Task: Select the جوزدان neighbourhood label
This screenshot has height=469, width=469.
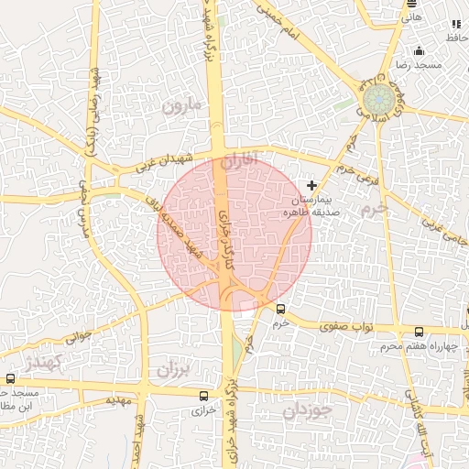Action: pyautogui.click(x=303, y=411)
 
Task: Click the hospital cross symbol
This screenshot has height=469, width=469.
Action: pyautogui.click(x=312, y=185)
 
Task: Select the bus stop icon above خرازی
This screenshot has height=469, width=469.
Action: pyautogui.click(x=203, y=396)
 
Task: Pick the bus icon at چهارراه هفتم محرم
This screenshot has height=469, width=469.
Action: pyautogui.click(x=419, y=333)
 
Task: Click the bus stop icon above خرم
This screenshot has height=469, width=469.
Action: pyautogui.click(x=280, y=309)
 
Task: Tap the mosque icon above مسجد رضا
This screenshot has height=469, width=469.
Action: pyautogui.click(x=419, y=51)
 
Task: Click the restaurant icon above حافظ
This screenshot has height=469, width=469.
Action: pyautogui.click(x=455, y=24)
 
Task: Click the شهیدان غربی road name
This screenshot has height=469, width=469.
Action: pyautogui.click(x=164, y=161)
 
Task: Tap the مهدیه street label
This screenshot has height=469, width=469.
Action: pyautogui.click(x=118, y=400)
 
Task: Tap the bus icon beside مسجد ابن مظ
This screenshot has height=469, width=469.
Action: pyautogui.click(x=11, y=378)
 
